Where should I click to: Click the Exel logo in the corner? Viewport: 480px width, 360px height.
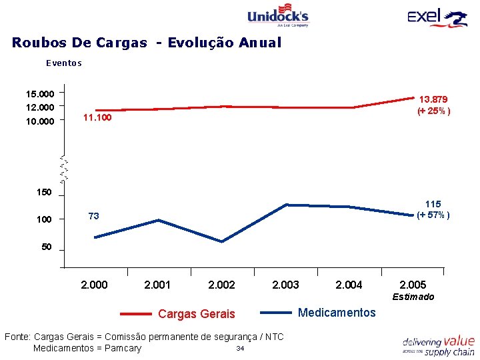point(437,17)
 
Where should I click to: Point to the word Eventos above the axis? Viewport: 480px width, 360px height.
point(63,63)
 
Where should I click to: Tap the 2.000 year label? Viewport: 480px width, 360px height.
point(93,285)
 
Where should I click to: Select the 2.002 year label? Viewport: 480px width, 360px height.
point(221,285)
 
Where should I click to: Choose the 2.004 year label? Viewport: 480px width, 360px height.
point(349,285)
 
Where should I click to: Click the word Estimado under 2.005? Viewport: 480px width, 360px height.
point(413,297)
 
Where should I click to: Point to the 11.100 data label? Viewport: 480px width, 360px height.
point(97,118)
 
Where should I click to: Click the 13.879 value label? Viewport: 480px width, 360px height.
point(433,99)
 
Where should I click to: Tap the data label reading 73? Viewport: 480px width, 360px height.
point(94,216)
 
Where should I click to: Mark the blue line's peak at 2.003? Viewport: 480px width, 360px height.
point(286,205)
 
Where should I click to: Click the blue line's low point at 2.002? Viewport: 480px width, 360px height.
point(221,241)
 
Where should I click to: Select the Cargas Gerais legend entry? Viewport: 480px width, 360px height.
point(196,313)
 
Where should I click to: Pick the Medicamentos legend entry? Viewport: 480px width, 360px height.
point(337,313)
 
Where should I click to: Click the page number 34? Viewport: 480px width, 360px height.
point(240,349)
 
